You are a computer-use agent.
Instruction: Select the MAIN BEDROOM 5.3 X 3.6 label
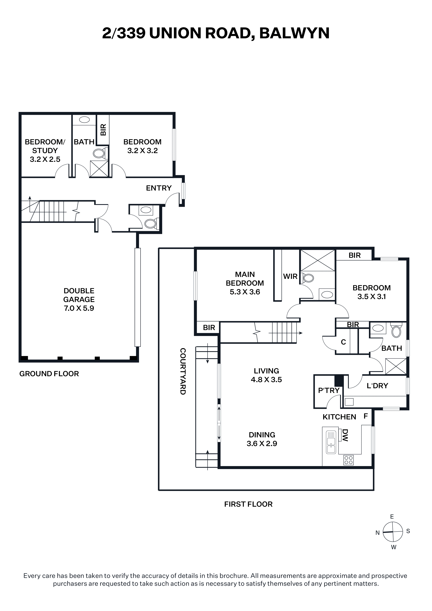(245, 283)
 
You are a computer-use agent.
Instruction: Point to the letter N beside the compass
(377, 533)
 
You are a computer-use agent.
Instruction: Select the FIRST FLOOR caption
(248, 504)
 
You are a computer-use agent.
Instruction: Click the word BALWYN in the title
(294, 33)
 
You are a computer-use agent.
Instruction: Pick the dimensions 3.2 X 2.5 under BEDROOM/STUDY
(45, 159)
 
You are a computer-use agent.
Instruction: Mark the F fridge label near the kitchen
(366, 416)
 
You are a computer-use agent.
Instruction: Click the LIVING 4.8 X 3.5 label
(266, 375)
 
